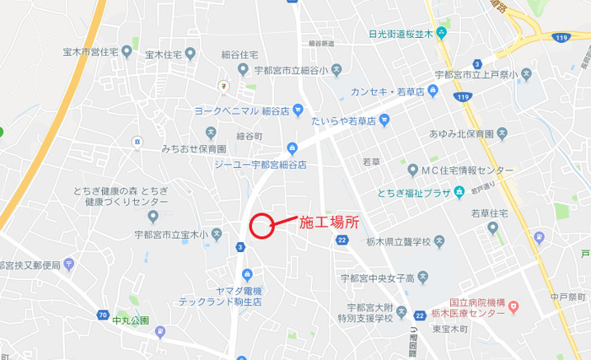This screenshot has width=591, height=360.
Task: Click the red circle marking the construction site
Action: (x=261, y=226)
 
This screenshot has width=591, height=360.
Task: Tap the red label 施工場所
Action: (x=328, y=222)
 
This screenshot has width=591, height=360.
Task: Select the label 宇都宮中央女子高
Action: (x=375, y=276)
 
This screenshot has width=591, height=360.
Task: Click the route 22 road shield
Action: (x=342, y=240)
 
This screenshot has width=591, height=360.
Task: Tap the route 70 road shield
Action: (x=102, y=315)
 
